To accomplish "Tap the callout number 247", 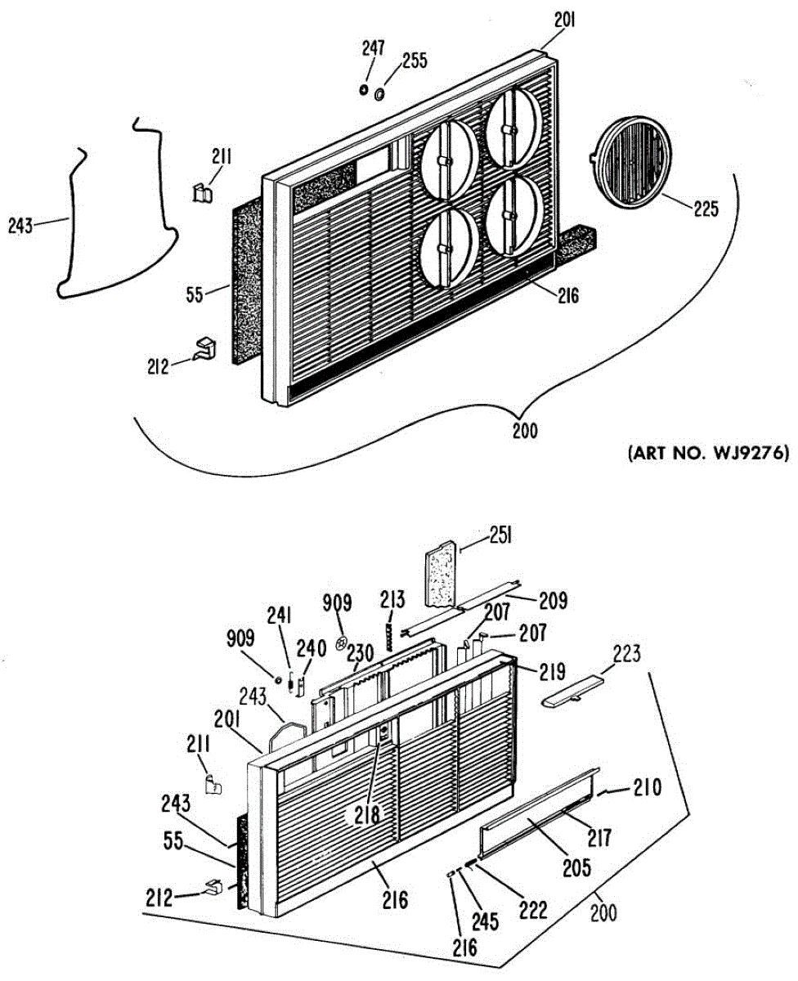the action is click(374, 48).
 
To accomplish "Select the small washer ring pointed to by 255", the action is click(379, 94).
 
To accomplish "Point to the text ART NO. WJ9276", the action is click(708, 454).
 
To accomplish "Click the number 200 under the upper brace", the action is click(525, 431).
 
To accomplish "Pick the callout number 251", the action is click(500, 536).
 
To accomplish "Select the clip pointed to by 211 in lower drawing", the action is click(213, 784).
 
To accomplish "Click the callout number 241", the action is click(280, 616).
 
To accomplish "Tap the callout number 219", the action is click(552, 672).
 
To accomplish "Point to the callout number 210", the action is click(648, 787).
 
